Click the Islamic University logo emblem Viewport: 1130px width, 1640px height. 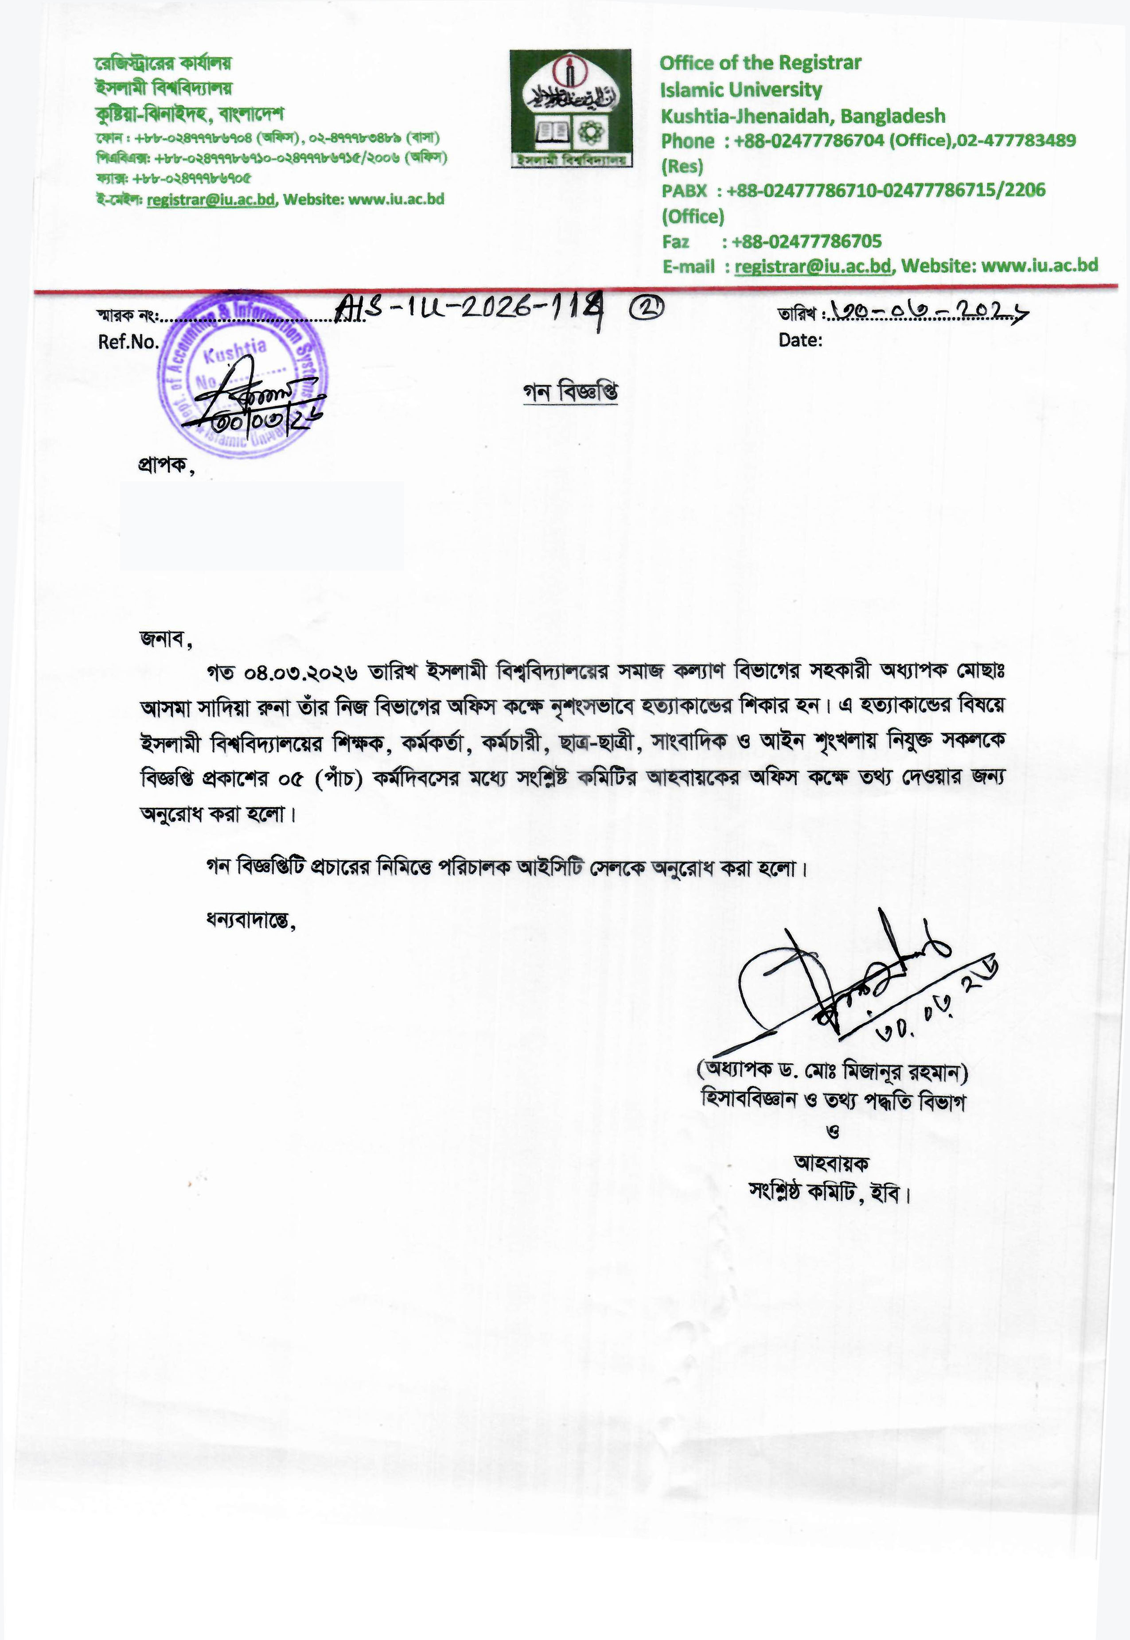click(x=570, y=108)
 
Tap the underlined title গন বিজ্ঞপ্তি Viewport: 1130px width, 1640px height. click(x=570, y=393)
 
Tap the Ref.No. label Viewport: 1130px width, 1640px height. click(x=128, y=342)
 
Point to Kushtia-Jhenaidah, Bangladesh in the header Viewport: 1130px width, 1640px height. click(x=803, y=116)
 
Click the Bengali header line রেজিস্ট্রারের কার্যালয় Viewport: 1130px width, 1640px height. click(x=163, y=64)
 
